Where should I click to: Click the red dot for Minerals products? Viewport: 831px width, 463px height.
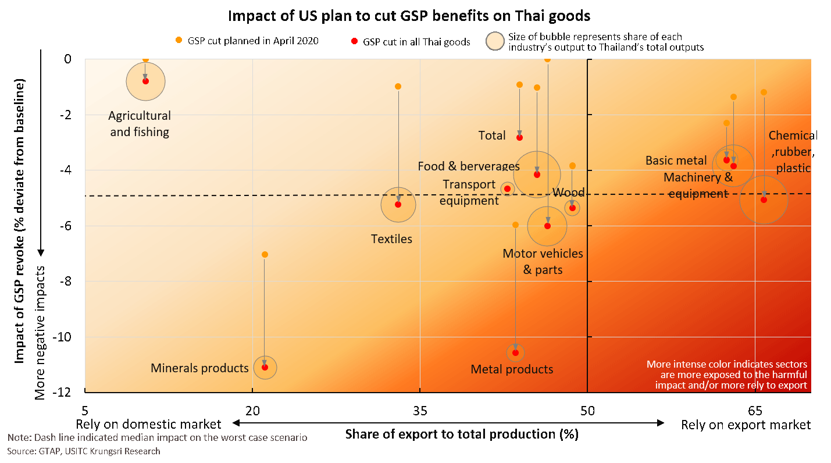(x=265, y=367)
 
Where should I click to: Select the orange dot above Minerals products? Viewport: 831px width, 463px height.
(x=265, y=254)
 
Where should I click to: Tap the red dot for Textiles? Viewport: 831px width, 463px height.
(x=398, y=204)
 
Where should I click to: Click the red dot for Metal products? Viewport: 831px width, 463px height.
(x=515, y=352)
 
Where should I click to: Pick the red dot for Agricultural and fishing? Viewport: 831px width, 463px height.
(x=145, y=81)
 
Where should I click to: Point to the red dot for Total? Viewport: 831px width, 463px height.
(x=519, y=137)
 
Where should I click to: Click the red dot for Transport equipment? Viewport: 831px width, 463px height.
(x=507, y=188)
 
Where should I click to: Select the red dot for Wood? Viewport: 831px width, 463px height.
(x=572, y=208)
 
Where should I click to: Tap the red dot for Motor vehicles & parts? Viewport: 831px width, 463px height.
(x=547, y=226)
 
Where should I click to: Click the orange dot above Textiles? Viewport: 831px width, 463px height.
(x=398, y=86)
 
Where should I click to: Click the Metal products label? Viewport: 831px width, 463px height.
(x=512, y=369)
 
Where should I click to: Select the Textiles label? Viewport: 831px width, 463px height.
(x=391, y=239)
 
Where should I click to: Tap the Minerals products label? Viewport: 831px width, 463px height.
(x=199, y=368)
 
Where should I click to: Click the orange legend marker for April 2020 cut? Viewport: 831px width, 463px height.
(x=179, y=40)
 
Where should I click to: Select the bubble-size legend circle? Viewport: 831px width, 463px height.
(x=495, y=41)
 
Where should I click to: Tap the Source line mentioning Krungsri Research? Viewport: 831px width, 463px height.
(x=84, y=451)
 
